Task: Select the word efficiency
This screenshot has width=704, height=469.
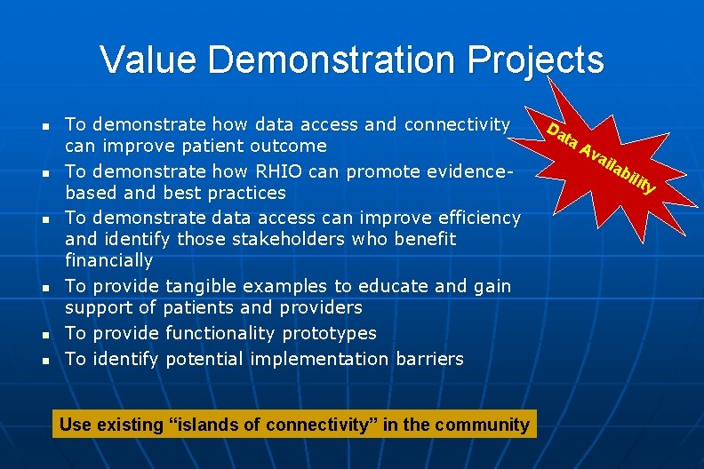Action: [479, 218]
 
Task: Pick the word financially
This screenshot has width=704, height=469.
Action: [108, 260]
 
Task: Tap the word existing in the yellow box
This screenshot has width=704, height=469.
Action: [128, 424]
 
